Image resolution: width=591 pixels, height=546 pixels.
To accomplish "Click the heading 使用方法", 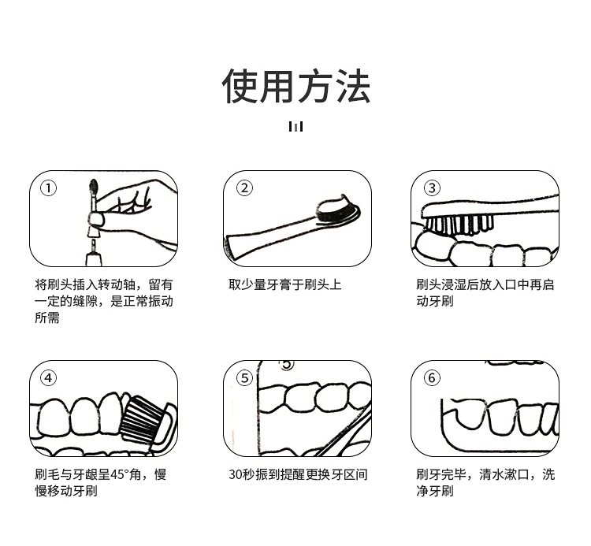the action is (x=295, y=86).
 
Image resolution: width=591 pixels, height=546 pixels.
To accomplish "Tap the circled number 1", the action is (x=48, y=188).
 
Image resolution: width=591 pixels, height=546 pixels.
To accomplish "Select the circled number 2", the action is (x=244, y=188).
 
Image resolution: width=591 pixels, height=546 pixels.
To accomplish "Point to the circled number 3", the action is (x=432, y=188).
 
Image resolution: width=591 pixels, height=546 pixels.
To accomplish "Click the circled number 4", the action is (x=48, y=377).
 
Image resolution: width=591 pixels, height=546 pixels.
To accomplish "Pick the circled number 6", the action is (x=432, y=377).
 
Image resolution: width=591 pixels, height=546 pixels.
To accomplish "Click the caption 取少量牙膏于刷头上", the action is (x=285, y=284).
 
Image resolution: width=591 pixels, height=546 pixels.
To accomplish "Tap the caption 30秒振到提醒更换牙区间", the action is (x=298, y=474).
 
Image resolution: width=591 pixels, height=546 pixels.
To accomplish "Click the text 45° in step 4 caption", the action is (x=120, y=474).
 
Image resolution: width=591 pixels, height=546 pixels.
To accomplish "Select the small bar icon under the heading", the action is (x=295, y=126).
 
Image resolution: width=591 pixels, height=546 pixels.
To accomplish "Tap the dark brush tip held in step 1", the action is (x=94, y=186).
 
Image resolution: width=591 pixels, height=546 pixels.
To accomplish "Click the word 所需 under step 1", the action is (x=47, y=318).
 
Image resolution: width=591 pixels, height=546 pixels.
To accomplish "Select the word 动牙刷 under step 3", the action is (x=435, y=301).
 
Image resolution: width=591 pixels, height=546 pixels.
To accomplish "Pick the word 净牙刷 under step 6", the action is (x=435, y=491).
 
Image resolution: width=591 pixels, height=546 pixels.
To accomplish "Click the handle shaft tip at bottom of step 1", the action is (x=93, y=246).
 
